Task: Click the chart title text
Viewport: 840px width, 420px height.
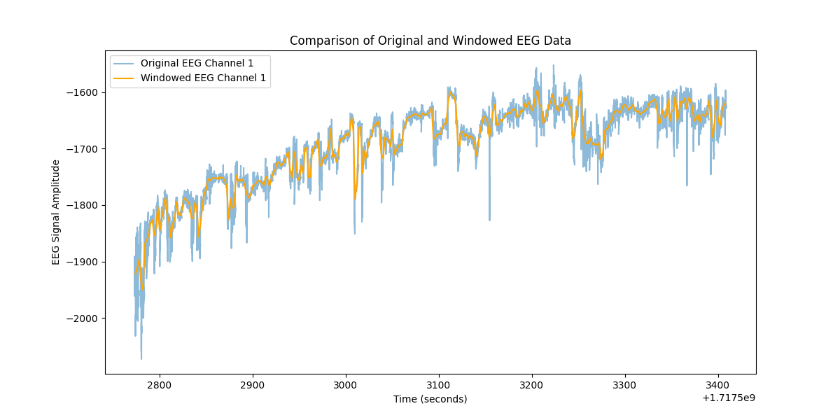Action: [x=430, y=41]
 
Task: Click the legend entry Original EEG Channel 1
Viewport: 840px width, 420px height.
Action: [x=197, y=63]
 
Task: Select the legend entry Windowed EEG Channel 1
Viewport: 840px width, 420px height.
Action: [x=203, y=78]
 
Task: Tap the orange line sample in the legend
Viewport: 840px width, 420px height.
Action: [x=125, y=78]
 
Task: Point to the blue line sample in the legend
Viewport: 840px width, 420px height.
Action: [x=125, y=63]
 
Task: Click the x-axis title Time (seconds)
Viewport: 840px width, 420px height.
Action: [x=430, y=399]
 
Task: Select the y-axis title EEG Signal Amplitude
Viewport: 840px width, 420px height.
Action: [x=56, y=212]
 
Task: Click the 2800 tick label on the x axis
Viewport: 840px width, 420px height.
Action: [x=159, y=385]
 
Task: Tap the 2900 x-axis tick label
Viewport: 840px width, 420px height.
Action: [x=252, y=385]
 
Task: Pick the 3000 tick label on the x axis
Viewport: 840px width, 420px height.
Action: [x=345, y=385]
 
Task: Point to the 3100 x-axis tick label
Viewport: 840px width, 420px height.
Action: [x=438, y=385]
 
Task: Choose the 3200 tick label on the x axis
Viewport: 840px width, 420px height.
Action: [x=531, y=385]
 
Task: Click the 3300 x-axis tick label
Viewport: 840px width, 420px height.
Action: [x=624, y=385]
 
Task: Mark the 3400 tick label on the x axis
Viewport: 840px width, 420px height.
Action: [x=717, y=385]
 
